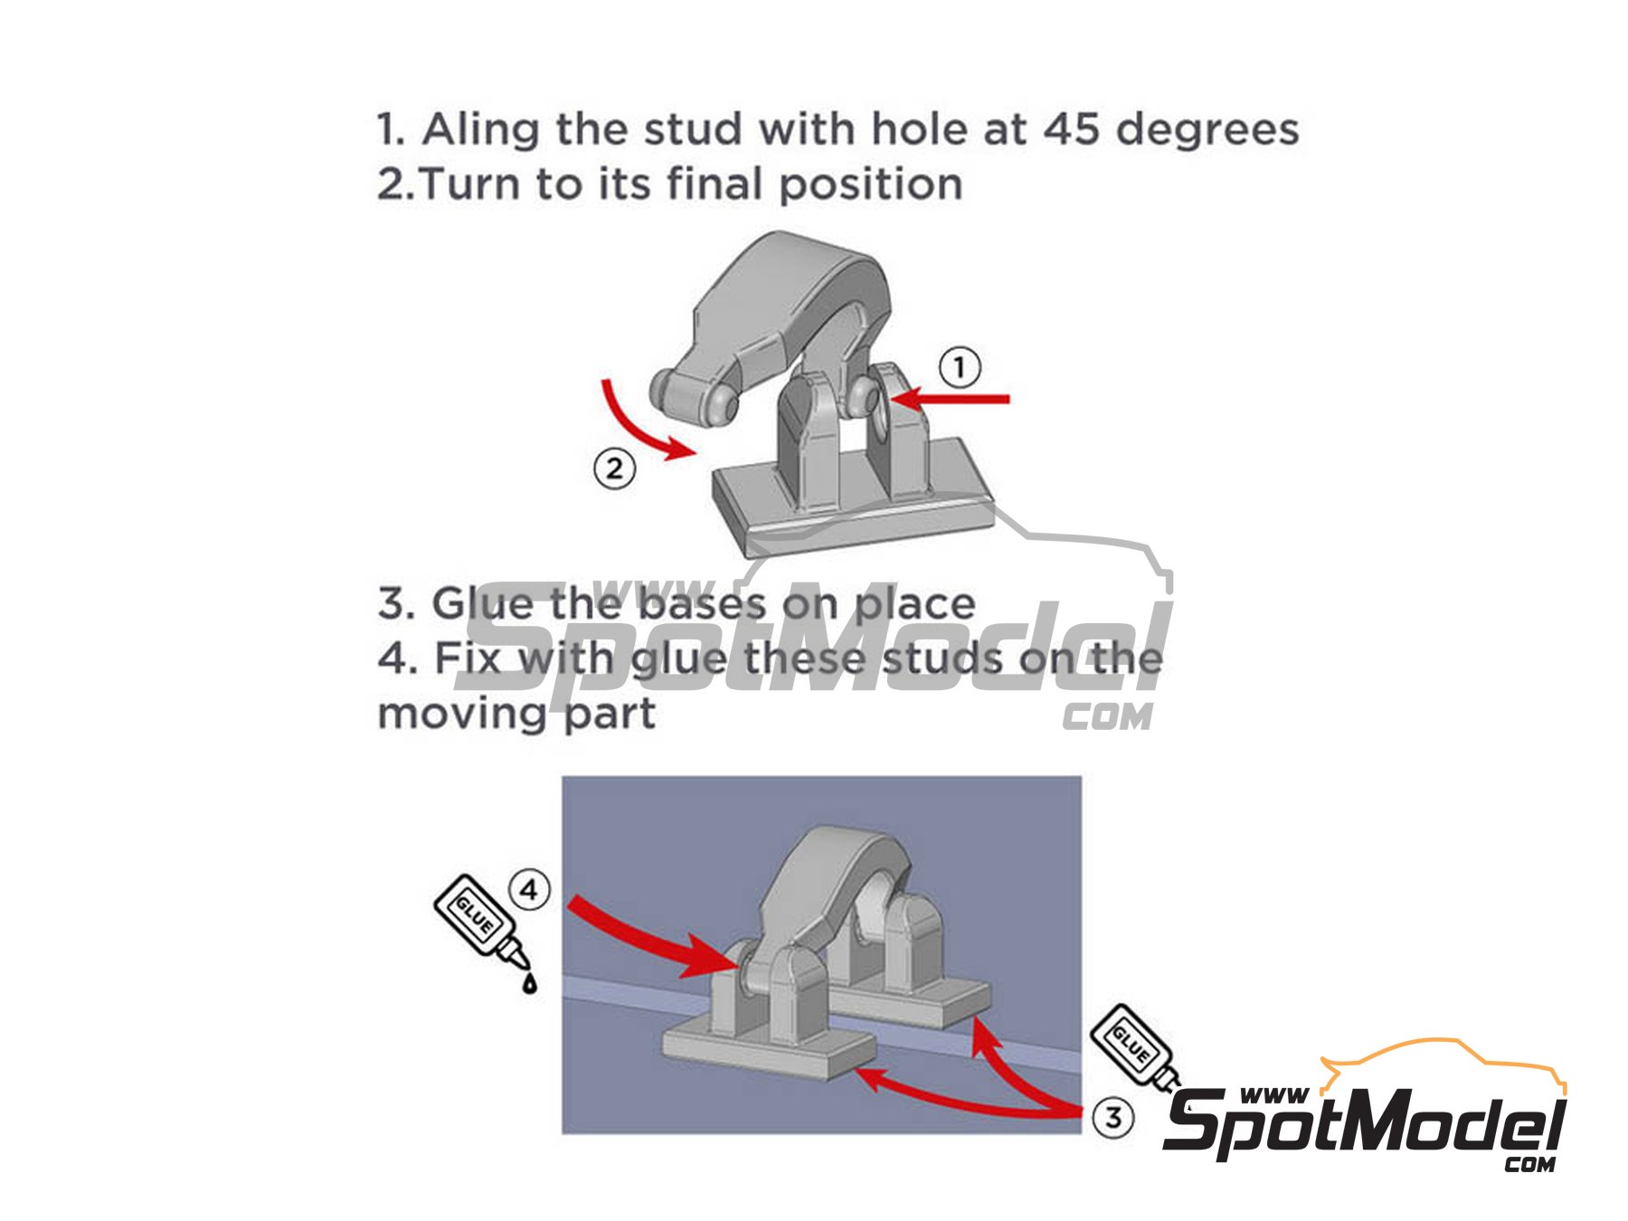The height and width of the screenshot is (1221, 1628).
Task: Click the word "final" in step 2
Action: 715,185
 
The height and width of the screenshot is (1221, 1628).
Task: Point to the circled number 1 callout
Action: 960,368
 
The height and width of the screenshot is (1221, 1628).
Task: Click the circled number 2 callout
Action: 615,469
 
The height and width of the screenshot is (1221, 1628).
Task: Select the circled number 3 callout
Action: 1112,1117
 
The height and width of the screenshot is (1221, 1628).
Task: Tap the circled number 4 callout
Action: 529,890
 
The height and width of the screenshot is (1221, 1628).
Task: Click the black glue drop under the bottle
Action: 529,983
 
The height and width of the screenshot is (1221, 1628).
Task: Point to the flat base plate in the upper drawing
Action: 850,525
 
